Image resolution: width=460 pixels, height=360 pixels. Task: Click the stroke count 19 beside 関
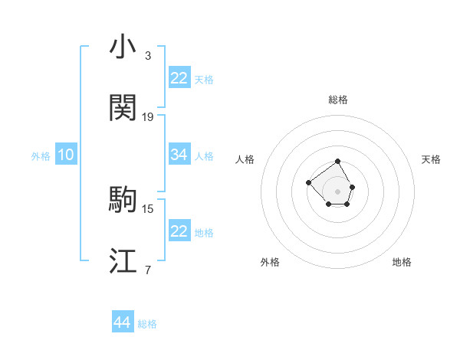point(148,117)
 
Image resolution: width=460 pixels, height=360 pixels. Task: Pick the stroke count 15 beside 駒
point(148,208)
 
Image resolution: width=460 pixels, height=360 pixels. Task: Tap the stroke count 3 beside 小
point(148,56)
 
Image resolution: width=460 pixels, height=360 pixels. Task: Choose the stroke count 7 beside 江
point(148,270)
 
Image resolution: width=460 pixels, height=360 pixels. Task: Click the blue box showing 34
point(179,155)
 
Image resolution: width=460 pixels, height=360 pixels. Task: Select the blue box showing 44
point(122,323)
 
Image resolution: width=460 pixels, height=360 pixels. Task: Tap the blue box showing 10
point(66,155)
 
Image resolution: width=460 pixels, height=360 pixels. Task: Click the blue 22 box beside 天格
point(179,78)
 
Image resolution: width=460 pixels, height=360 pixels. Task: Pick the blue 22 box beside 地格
point(179,231)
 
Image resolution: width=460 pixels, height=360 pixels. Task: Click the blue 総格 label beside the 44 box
point(147,324)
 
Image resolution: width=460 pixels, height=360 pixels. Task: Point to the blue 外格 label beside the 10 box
point(41,155)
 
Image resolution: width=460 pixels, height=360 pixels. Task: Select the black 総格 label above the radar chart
point(338,100)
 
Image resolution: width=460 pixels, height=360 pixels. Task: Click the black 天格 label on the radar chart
point(431,159)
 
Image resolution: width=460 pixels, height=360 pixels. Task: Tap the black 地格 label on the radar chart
point(402,262)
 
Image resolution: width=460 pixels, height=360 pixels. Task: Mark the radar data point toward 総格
point(338,162)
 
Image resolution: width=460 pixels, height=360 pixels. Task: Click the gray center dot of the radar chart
point(338,191)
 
